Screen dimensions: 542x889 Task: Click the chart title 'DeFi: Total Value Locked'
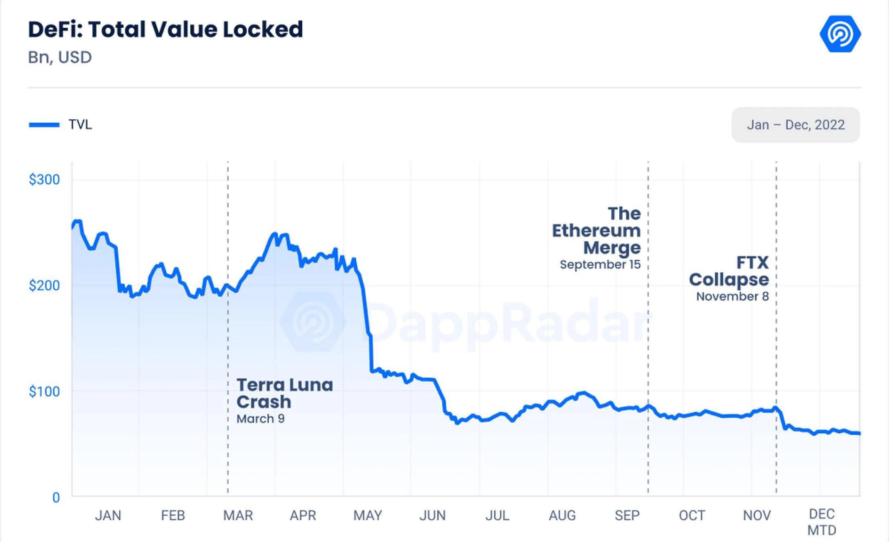click(165, 29)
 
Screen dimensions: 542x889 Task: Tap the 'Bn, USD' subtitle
click(60, 57)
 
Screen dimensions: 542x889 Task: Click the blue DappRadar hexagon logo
click(840, 34)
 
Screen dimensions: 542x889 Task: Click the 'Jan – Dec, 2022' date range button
click(795, 125)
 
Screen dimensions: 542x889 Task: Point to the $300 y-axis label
click(44, 179)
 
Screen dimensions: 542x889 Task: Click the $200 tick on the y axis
click(44, 285)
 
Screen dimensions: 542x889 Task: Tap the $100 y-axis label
click(44, 392)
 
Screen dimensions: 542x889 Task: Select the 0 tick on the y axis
click(56, 497)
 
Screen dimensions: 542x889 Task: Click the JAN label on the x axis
click(108, 515)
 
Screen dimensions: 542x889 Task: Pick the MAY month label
click(368, 515)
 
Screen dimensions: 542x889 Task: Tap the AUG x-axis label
click(562, 515)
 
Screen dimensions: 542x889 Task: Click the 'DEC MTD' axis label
click(822, 522)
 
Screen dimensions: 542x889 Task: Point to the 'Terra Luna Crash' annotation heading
click(285, 393)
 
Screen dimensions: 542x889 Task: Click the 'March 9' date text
click(261, 419)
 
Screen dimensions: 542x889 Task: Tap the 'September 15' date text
click(600, 264)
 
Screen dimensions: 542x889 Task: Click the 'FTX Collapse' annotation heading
click(729, 271)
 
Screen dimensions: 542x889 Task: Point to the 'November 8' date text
click(733, 296)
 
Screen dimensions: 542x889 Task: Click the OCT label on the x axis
click(692, 515)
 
